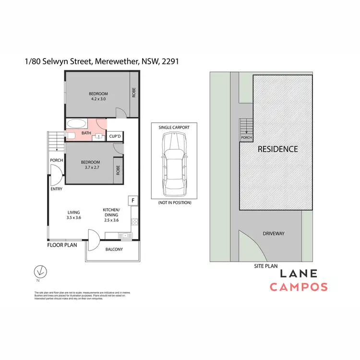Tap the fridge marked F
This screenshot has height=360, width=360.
132,200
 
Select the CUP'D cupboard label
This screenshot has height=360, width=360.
114,136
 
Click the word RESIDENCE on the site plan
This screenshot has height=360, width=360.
277,149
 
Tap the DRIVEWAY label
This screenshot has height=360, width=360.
274,233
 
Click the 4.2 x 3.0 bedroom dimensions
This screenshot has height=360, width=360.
98,99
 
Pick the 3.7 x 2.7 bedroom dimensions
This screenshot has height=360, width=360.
90,168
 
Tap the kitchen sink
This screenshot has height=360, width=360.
124,235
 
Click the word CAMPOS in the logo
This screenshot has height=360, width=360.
298,287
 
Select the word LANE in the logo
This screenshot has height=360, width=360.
298,274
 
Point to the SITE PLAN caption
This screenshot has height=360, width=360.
265,265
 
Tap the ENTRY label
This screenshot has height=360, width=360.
56,189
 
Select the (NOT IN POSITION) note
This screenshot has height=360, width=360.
174,203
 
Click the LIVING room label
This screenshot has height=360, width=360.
73,212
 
